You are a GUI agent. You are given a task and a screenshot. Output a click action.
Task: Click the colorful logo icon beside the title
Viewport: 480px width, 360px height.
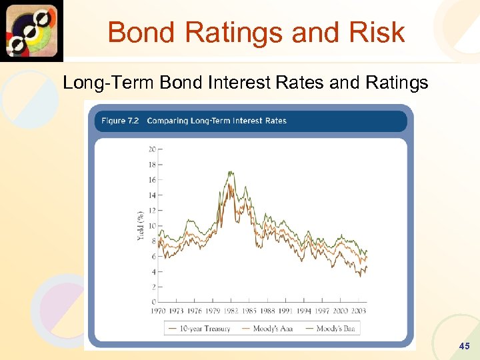[x=31, y=31]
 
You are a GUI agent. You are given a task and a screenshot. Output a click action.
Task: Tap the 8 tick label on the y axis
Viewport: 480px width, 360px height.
[x=154, y=241]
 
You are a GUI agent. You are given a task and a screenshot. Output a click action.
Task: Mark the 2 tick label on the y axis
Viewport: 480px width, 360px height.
[x=154, y=287]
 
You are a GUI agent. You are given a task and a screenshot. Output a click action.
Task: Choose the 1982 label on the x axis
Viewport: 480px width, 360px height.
[x=231, y=311]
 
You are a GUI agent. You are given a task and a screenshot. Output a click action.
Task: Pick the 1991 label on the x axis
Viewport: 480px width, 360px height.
[x=285, y=311]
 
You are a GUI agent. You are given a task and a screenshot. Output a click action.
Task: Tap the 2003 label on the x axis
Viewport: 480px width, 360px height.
[x=358, y=311]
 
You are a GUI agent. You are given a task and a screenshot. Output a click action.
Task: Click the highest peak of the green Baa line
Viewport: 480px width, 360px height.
[x=230, y=171]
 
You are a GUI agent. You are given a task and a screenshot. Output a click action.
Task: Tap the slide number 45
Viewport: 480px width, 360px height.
[x=465, y=346]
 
